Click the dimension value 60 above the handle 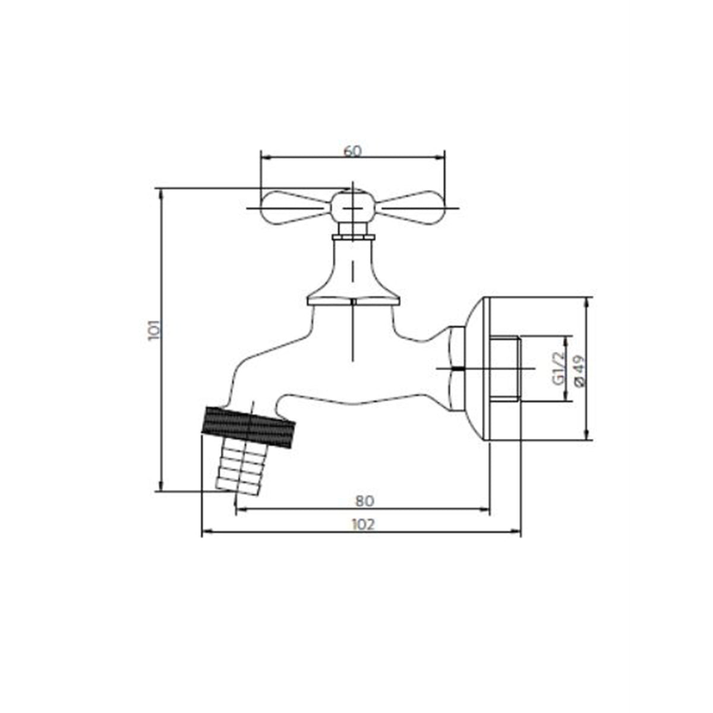(x=352, y=151)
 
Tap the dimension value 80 (x=364, y=501)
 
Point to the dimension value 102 (x=363, y=524)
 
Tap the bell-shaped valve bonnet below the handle (x=353, y=273)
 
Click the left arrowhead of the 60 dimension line (x=265, y=157)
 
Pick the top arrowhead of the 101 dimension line (x=159, y=192)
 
